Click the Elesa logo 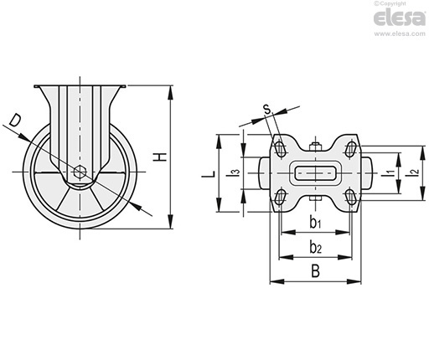[400, 18]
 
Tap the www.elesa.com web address [400, 33]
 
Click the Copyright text [390, 3]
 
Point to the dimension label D [14, 121]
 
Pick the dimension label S [267, 109]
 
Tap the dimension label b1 [315, 223]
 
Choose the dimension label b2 [316, 247]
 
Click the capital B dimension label [315, 271]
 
